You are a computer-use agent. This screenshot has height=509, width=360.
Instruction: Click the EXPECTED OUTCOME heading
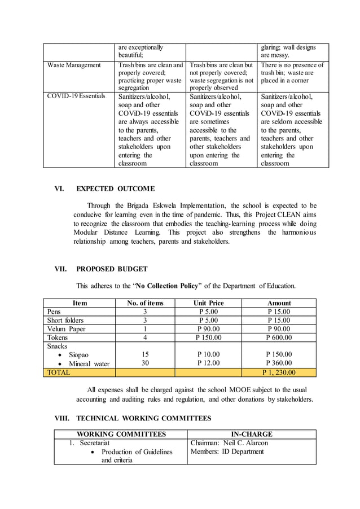coord(115,188)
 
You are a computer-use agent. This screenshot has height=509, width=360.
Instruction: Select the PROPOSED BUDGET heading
coord(112,269)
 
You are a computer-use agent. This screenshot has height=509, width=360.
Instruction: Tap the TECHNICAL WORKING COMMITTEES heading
coord(143,418)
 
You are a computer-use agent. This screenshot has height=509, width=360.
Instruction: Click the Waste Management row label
coord(74,65)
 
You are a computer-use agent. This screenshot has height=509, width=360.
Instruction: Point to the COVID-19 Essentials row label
coord(76,96)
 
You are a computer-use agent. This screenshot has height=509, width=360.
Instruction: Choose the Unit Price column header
coord(208,303)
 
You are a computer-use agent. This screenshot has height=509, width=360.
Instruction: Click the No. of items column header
coord(145,303)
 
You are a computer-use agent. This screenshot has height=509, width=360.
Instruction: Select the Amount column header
coord(279,303)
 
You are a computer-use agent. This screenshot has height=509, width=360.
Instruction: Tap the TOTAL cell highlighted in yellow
coord(59,372)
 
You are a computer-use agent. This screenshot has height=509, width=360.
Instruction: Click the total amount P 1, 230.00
coord(279,372)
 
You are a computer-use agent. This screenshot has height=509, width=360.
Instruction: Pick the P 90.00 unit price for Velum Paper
coord(208,329)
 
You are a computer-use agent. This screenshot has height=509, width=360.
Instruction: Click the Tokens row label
coord(58,337)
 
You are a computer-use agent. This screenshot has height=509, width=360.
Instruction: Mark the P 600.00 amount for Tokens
coord(279,337)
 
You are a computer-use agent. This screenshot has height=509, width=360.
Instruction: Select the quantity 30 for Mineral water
coord(145,363)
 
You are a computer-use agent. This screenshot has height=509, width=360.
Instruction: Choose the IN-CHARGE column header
coord(252,435)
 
